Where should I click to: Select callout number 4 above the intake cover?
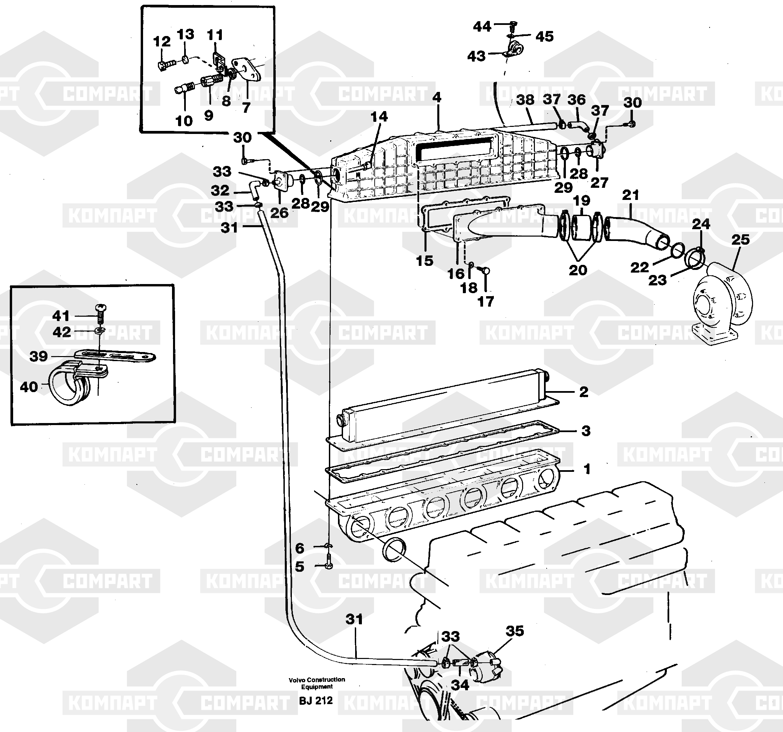(x=437, y=97)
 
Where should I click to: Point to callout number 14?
(x=379, y=116)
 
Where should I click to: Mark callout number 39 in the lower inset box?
(x=39, y=356)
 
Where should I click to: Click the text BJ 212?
(x=316, y=700)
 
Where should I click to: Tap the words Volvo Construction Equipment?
(x=317, y=683)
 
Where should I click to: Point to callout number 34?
(x=460, y=685)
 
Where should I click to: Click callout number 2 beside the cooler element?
(x=584, y=392)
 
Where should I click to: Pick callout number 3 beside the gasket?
(x=586, y=431)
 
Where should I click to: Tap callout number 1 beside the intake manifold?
(x=587, y=469)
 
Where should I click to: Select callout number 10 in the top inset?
(x=184, y=121)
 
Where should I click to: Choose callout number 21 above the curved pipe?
(x=631, y=195)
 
